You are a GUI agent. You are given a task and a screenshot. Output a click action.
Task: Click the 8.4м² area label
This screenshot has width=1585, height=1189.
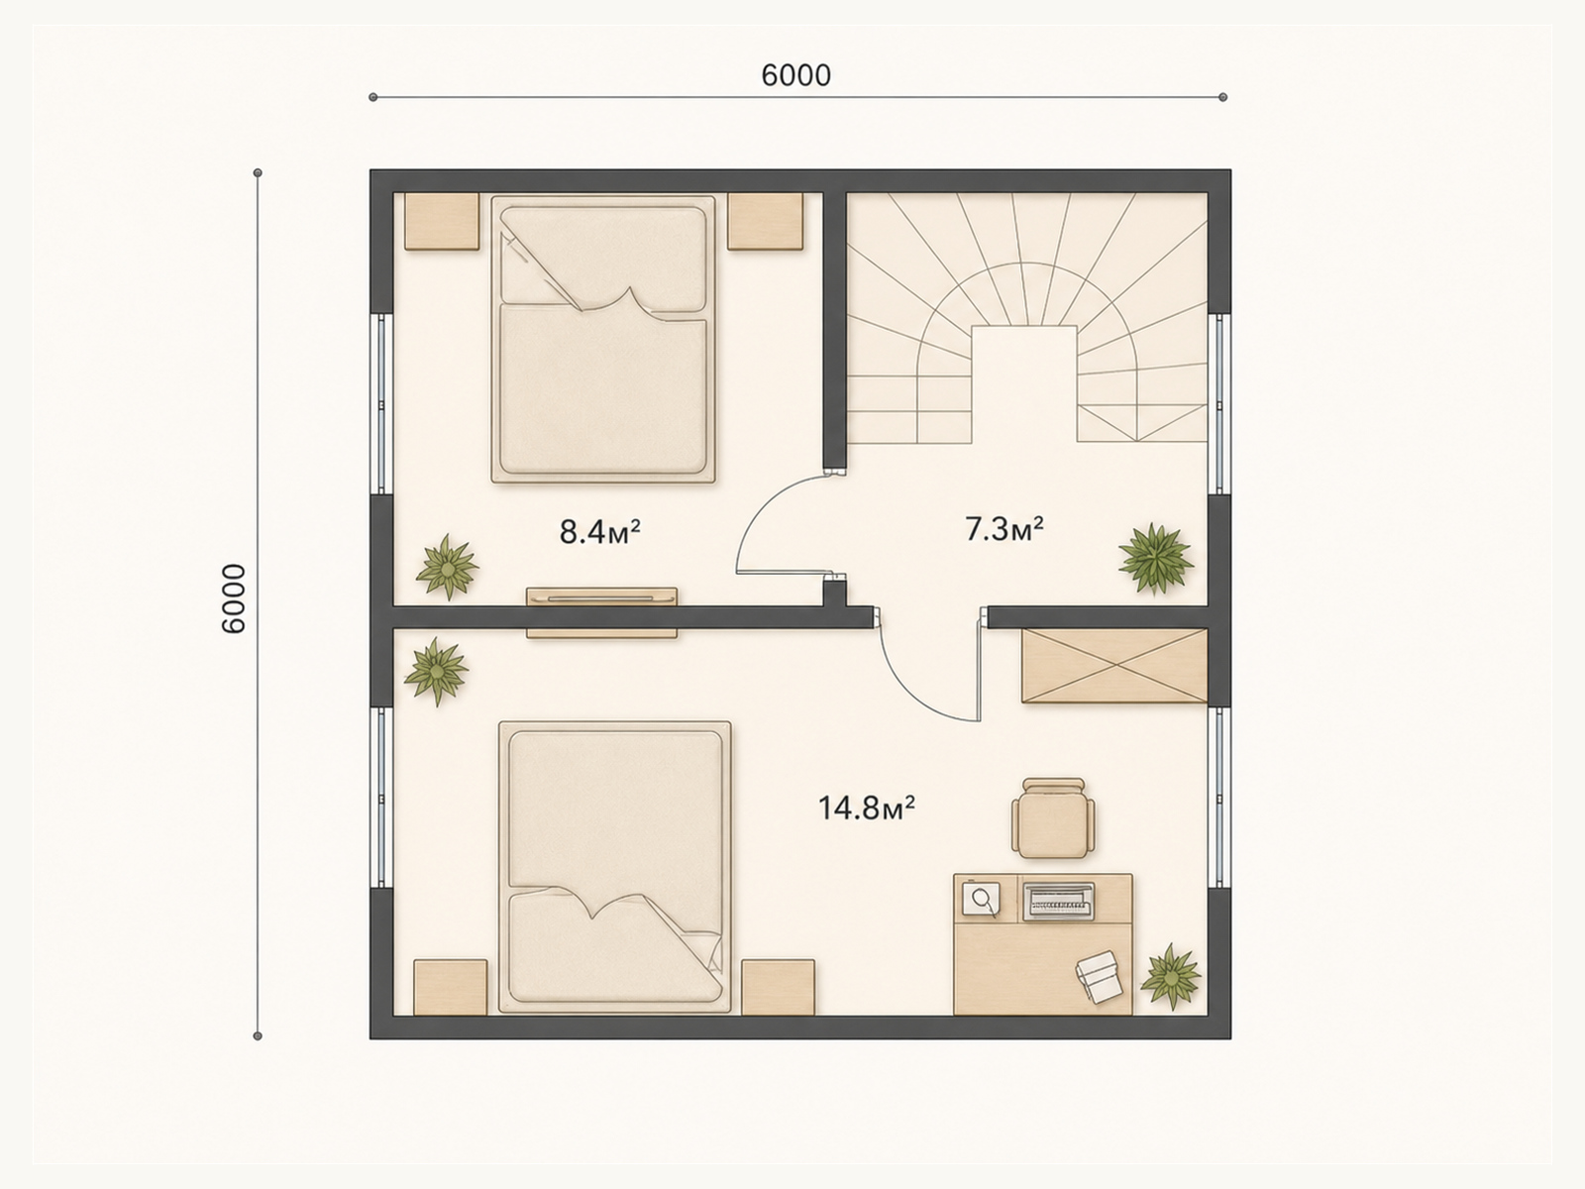pos(600,532)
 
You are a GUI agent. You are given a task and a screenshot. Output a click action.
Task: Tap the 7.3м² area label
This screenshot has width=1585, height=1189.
pos(1004,529)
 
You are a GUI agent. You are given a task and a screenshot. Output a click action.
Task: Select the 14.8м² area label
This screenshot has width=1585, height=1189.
pos(867,808)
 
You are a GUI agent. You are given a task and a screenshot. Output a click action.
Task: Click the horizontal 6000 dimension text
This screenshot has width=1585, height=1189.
pos(795,75)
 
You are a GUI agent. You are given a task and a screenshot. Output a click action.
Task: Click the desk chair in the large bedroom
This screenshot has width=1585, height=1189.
pos(1053,818)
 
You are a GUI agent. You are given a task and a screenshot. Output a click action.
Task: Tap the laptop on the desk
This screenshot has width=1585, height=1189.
pos(1059,901)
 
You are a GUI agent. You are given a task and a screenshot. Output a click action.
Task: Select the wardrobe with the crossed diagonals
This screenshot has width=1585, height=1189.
pos(1114,665)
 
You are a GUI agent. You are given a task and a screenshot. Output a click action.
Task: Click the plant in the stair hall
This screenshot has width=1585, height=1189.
pos(1155,559)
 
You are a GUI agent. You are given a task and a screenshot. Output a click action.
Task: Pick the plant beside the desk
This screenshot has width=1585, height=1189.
pos(1171,975)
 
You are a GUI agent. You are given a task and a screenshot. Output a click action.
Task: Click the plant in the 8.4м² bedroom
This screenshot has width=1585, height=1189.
pos(448,567)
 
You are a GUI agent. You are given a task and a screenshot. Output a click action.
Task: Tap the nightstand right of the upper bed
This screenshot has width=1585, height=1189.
pos(766,221)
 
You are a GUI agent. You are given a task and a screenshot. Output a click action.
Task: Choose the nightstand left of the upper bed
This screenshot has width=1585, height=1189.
pos(442,221)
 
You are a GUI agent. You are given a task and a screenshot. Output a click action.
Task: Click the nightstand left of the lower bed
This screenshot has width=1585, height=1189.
pos(450,987)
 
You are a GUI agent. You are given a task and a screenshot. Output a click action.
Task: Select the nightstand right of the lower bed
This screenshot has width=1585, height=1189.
pos(778,987)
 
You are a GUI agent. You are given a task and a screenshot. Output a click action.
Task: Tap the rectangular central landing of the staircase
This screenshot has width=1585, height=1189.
pos(1024,383)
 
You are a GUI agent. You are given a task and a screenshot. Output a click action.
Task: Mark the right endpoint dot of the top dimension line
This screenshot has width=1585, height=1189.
pos(1222,97)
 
